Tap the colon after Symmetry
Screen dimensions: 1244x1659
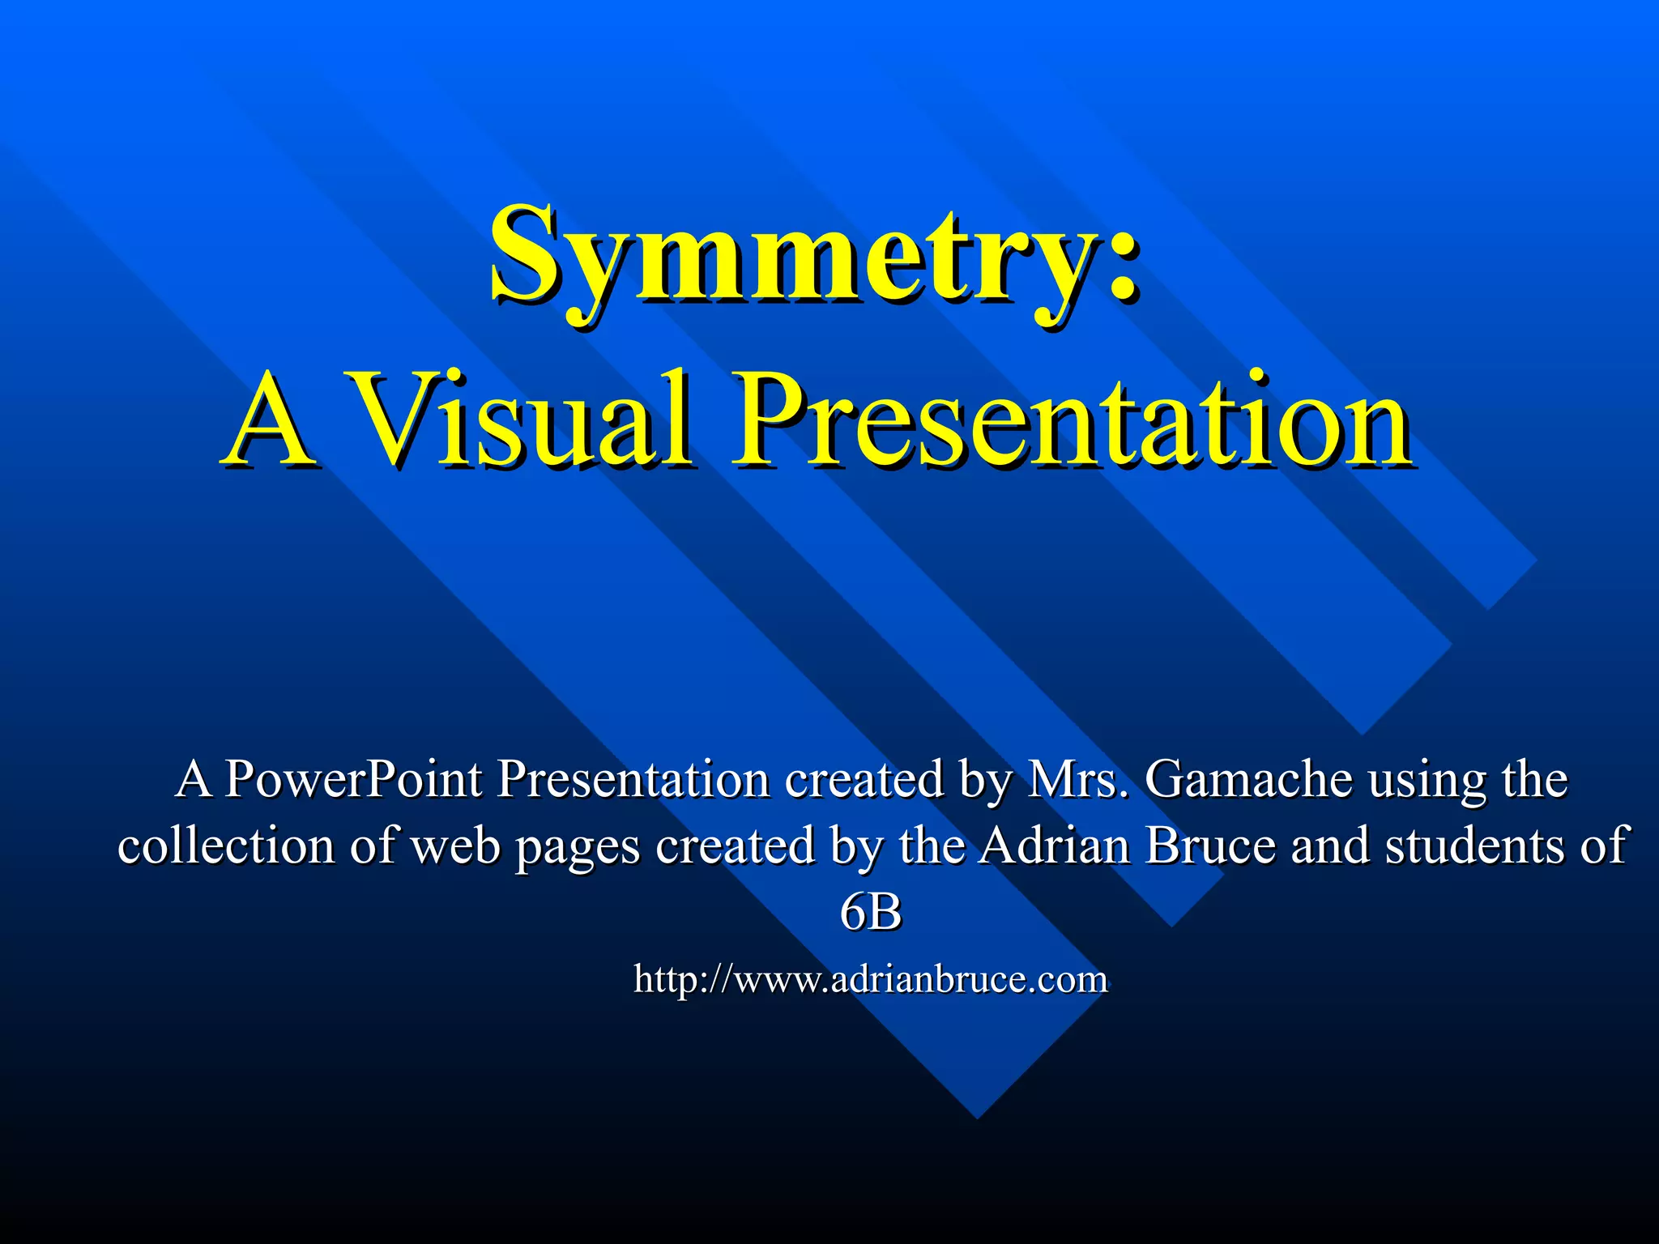pyautogui.click(x=1122, y=258)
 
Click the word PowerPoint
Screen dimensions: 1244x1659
pyautogui.click(x=353, y=779)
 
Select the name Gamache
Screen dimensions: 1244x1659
pyautogui.click(x=1247, y=779)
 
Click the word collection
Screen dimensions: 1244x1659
pyautogui.click(x=226, y=846)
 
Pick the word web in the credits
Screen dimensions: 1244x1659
pyautogui.click(x=455, y=846)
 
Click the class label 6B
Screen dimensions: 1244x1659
pyautogui.click(x=870, y=913)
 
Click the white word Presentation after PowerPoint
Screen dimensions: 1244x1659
pyautogui.click(x=632, y=779)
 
